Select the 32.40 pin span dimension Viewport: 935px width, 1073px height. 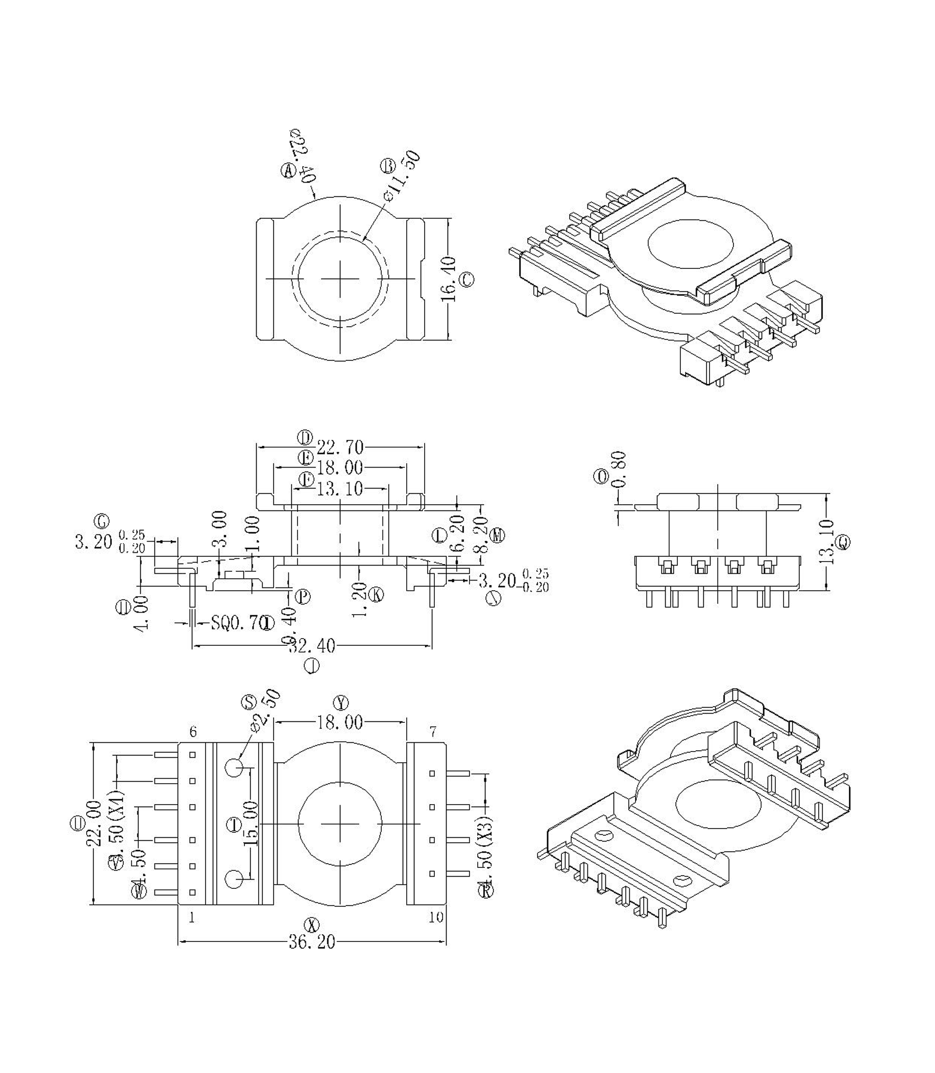tap(312, 646)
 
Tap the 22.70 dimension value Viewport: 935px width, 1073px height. tap(340, 447)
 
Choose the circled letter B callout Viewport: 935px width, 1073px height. tap(389, 166)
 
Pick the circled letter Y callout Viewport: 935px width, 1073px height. tap(341, 703)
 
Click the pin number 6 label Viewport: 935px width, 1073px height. tap(193, 732)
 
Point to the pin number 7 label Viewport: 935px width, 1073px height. tap(432, 732)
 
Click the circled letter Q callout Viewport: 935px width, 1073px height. tap(843, 543)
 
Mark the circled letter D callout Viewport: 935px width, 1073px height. tap(305, 437)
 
